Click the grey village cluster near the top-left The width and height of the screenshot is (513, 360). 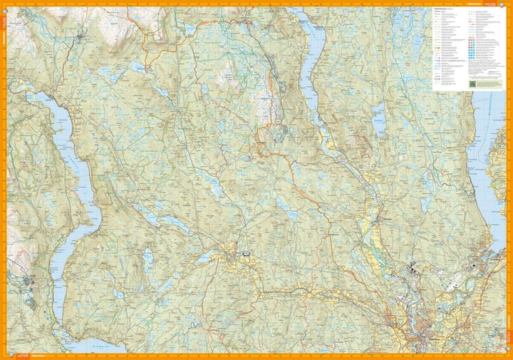80,34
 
